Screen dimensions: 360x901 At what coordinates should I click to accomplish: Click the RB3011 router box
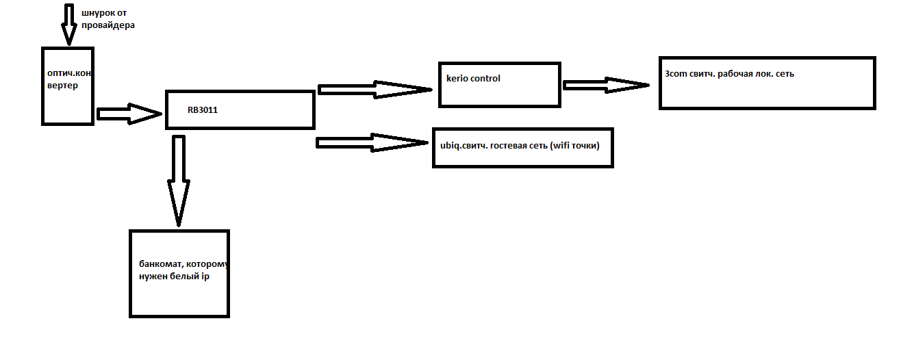point(240,110)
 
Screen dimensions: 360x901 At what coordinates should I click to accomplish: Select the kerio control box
point(500,84)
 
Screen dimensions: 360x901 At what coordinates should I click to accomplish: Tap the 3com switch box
point(767,83)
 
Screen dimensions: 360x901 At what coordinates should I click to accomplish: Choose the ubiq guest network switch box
point(522,147)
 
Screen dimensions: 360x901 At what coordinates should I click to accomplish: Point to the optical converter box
point(68,86)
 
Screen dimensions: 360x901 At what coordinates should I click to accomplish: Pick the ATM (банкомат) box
point(179,274)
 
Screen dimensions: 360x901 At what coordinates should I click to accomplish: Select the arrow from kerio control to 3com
point(606,85)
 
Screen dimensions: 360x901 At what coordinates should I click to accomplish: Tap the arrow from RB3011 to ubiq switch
point(373,142)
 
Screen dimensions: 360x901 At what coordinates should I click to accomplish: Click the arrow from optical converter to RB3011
point(129,114)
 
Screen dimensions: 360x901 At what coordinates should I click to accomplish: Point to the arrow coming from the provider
point(69,24)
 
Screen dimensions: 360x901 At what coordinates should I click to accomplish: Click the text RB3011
point(203,110)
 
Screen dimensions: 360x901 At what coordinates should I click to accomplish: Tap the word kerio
point(457,79)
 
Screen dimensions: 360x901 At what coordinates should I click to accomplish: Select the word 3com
point(676,73)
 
